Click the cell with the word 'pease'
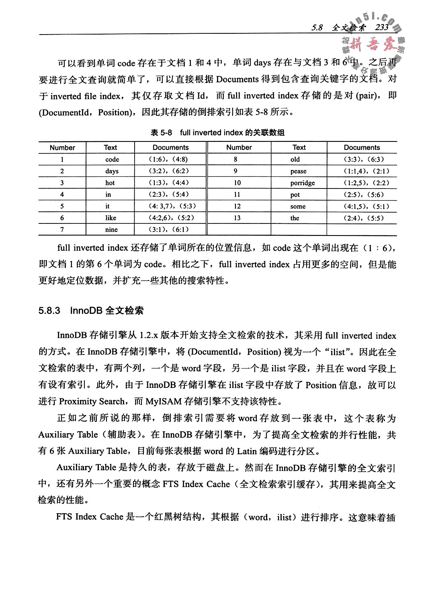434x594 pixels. (x=299, y=171)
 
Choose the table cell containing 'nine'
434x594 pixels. (x=111, y=230)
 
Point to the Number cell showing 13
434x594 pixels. (x=237, y=218)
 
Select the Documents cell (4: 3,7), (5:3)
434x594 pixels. (x=170, y=206)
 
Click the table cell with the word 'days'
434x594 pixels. (x=112, y=171)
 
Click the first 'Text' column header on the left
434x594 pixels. (x=111, y=147)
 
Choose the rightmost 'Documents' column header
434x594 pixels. (x=362, y=147)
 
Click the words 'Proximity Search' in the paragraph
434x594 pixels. (x=92, y=401)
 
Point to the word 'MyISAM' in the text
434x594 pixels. (x=163, y=401)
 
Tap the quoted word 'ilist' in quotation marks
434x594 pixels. (x=337, y=352)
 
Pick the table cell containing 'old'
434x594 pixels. (x=295, y=160)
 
